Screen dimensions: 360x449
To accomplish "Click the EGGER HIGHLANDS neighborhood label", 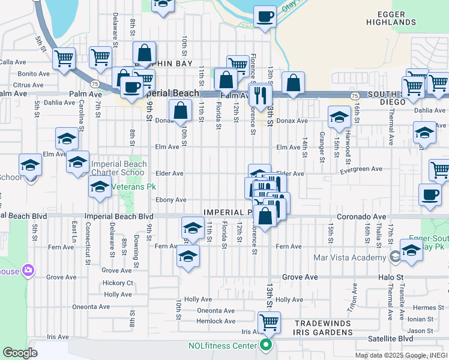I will coord(391,17).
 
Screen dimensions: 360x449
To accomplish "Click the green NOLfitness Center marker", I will coord(265,344).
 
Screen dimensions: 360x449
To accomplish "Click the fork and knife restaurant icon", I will coord(260,94).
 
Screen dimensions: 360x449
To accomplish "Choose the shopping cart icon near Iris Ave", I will coord(268,322).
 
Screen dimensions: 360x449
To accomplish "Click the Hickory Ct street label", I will coord(118,283).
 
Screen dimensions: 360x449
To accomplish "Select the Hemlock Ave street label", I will coord(216,321).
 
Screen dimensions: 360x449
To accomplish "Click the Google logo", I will coord(20,352).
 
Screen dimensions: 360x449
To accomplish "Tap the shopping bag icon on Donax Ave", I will coord(181,111).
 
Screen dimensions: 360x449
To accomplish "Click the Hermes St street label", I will coord(428,308).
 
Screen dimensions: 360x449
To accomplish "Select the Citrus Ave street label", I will coord(28,85).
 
